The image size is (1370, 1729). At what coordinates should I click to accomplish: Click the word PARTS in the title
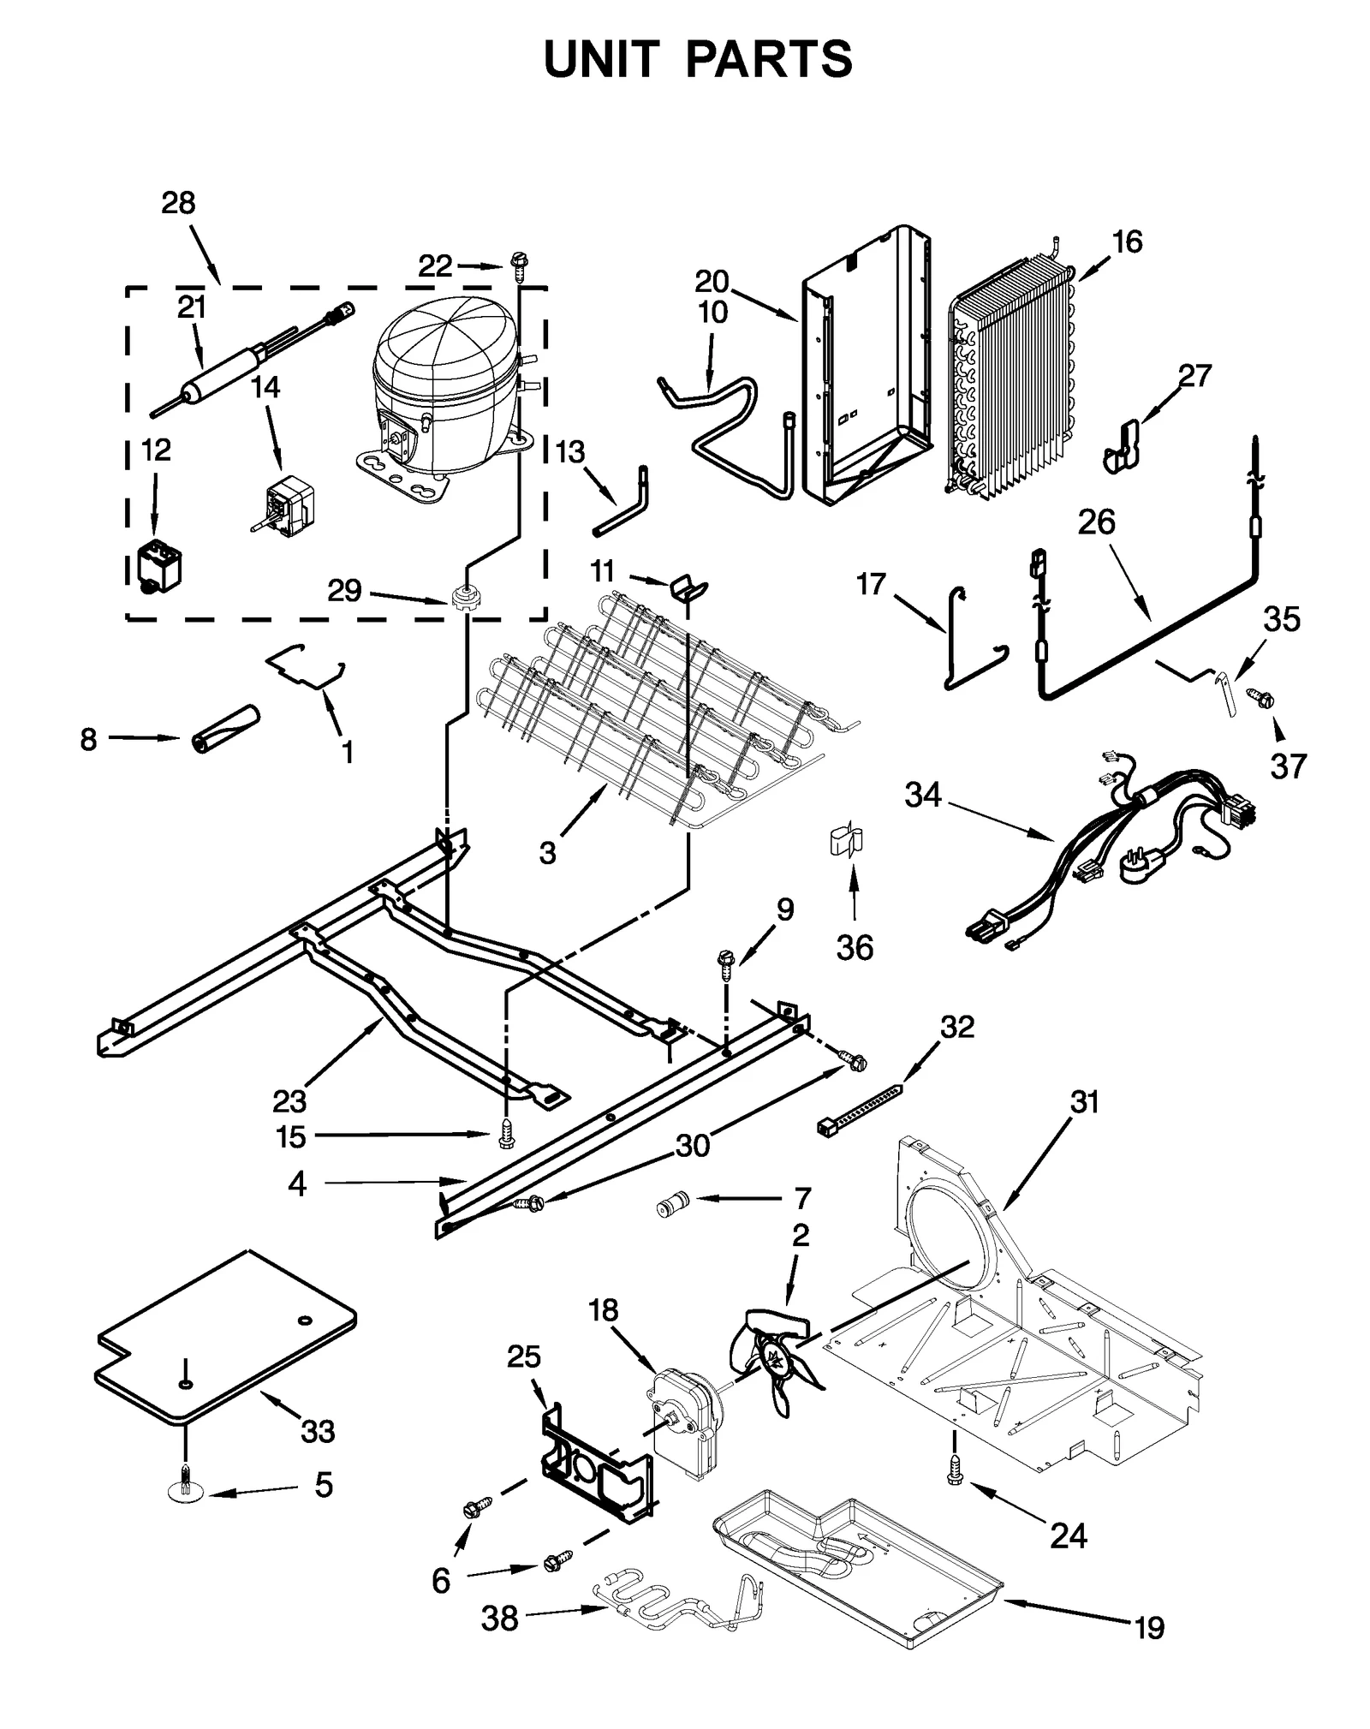768,59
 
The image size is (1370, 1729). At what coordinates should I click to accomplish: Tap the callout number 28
178,203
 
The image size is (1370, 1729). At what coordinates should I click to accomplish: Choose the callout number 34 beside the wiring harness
923,795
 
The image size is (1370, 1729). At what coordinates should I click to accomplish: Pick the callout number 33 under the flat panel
317,1430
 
